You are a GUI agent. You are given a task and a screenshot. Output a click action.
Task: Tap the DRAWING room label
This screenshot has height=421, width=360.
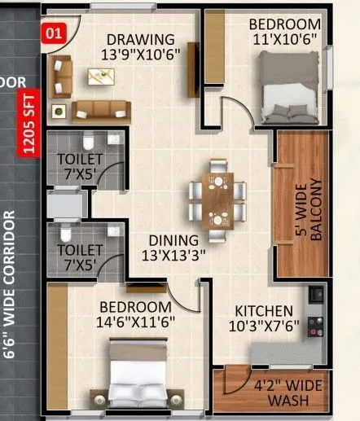tap(141, 39)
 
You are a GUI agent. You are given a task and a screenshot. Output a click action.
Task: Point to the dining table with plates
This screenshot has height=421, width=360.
tap(217, 199)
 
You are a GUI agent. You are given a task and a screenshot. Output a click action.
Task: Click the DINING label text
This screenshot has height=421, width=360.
tap(172, 240)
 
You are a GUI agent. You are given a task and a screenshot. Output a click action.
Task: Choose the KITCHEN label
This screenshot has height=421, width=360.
tap(263, 311)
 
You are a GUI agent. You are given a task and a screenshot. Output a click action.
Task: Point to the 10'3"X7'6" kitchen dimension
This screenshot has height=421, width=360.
tap(263, 327)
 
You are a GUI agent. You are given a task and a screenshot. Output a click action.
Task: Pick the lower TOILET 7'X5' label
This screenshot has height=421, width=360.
tap(79, 257)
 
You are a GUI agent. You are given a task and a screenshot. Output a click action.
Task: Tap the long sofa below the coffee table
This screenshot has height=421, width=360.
tap(101, 111)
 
